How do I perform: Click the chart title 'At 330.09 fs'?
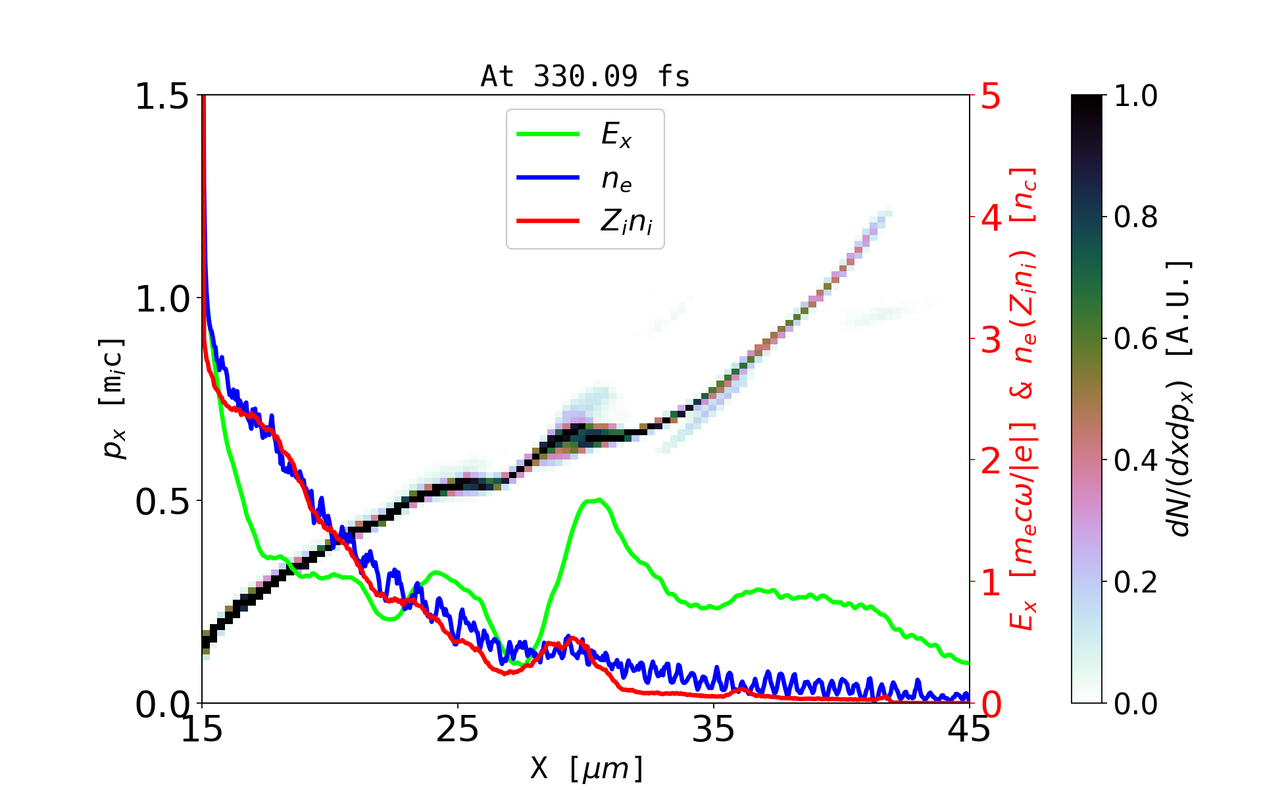(x=585, y=76)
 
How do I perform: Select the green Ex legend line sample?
(x=548, y=134)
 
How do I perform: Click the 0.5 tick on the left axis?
(x=162, y=502)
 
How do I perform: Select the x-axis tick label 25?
(x=458, y=729)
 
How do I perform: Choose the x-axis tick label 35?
(x=714, y=729)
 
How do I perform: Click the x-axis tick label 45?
(x=970, y=729)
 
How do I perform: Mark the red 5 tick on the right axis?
(x=991, y=96)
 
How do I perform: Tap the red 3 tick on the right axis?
(x=991, y=340)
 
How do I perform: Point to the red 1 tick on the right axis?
(x=991, y=583)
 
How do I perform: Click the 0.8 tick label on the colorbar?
(x=1135, y=217)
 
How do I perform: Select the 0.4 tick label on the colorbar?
(x=1135, y=461)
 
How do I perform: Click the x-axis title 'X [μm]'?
(x=587, y=768)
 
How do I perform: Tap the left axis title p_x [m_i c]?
(x=113, y=398)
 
